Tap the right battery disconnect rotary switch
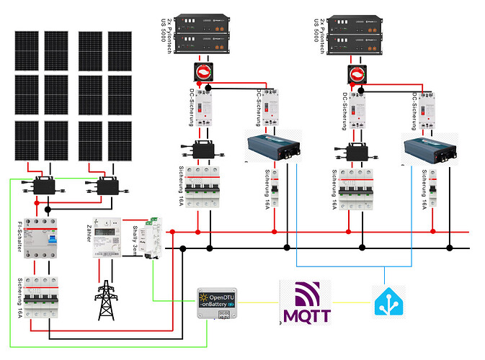(357, 73)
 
